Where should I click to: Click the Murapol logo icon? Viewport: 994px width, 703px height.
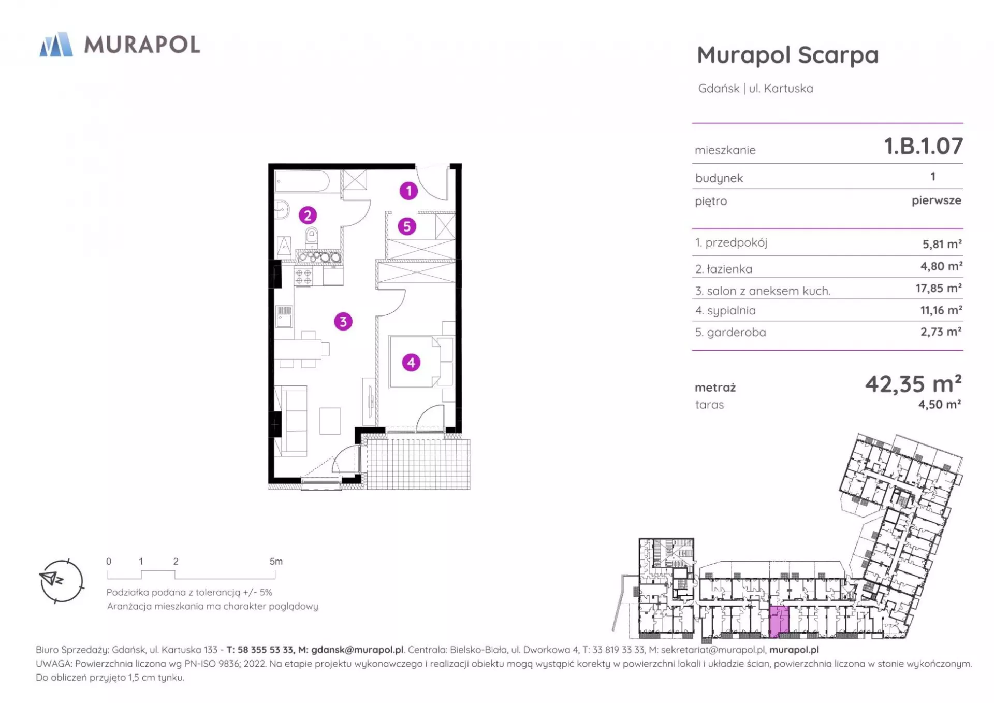(56, 44)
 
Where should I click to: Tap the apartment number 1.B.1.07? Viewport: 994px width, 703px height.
(923, 146)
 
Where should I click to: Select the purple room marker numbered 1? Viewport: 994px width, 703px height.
(408, 191)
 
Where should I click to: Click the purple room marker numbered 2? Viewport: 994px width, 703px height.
(308, 215)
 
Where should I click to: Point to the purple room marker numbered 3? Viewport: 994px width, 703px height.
(343, 322)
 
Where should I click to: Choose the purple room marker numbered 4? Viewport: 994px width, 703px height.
(411, 363)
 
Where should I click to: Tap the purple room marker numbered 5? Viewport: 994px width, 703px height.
(407, 226)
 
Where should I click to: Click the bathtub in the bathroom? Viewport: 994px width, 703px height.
(302, 181)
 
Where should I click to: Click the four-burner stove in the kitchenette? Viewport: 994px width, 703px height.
(304, 276)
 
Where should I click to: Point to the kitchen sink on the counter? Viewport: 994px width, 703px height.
(284, 316)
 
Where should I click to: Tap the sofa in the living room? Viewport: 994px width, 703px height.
(291, 421)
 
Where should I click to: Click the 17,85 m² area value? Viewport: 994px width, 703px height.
(939, 288)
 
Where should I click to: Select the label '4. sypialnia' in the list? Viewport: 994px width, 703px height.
(725, 311)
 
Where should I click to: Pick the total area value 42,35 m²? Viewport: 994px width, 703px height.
(913, 384)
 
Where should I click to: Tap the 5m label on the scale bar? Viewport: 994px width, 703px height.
(276, 562)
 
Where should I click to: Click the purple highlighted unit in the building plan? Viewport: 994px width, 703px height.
(779, 622)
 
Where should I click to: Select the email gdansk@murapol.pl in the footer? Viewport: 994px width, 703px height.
(357, 650)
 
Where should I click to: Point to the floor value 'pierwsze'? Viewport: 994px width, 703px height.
(937, 201)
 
